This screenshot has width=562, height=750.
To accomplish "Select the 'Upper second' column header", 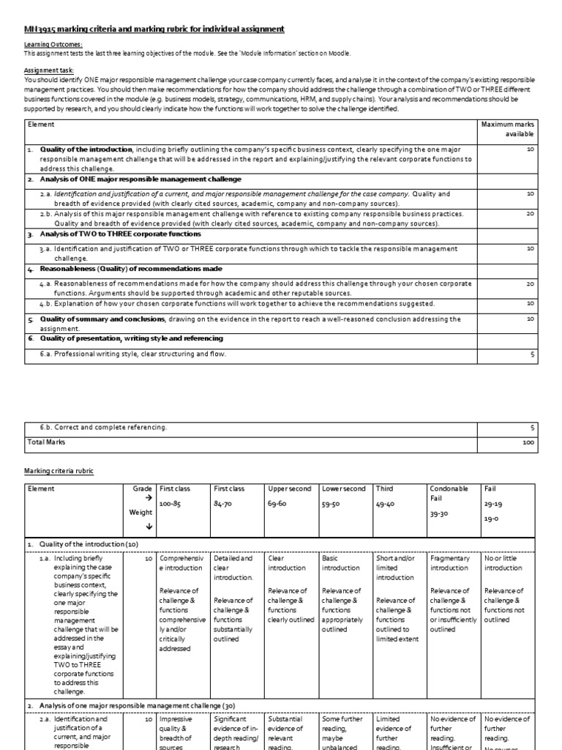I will coord(290,489).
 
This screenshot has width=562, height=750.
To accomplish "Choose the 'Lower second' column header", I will coord(344,489).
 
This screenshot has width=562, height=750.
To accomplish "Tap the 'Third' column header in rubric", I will coord(384,489).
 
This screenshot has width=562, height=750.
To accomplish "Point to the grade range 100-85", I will coord(171,504).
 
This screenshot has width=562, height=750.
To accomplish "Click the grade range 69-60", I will coord(279,504).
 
